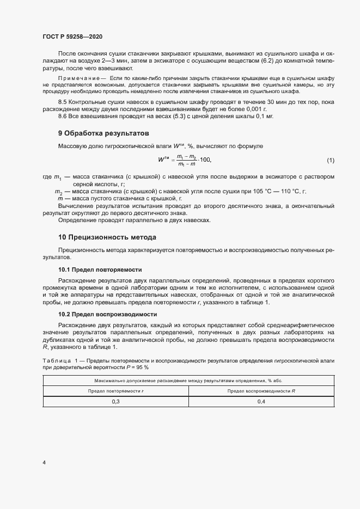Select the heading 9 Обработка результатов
coord(103,133)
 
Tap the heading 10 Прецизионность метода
coord(107,237)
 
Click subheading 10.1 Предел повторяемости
coord(100,269)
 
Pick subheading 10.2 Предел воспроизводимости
coord(107,314)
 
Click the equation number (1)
coord(331,160)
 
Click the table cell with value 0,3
coord(116,401)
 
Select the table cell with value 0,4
coord(261,401)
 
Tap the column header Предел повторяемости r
coord(116,390)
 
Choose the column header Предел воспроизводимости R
coord(261,390)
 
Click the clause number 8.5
coord(62,102)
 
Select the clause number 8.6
coord(62,116)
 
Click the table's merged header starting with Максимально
coord(188,379)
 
